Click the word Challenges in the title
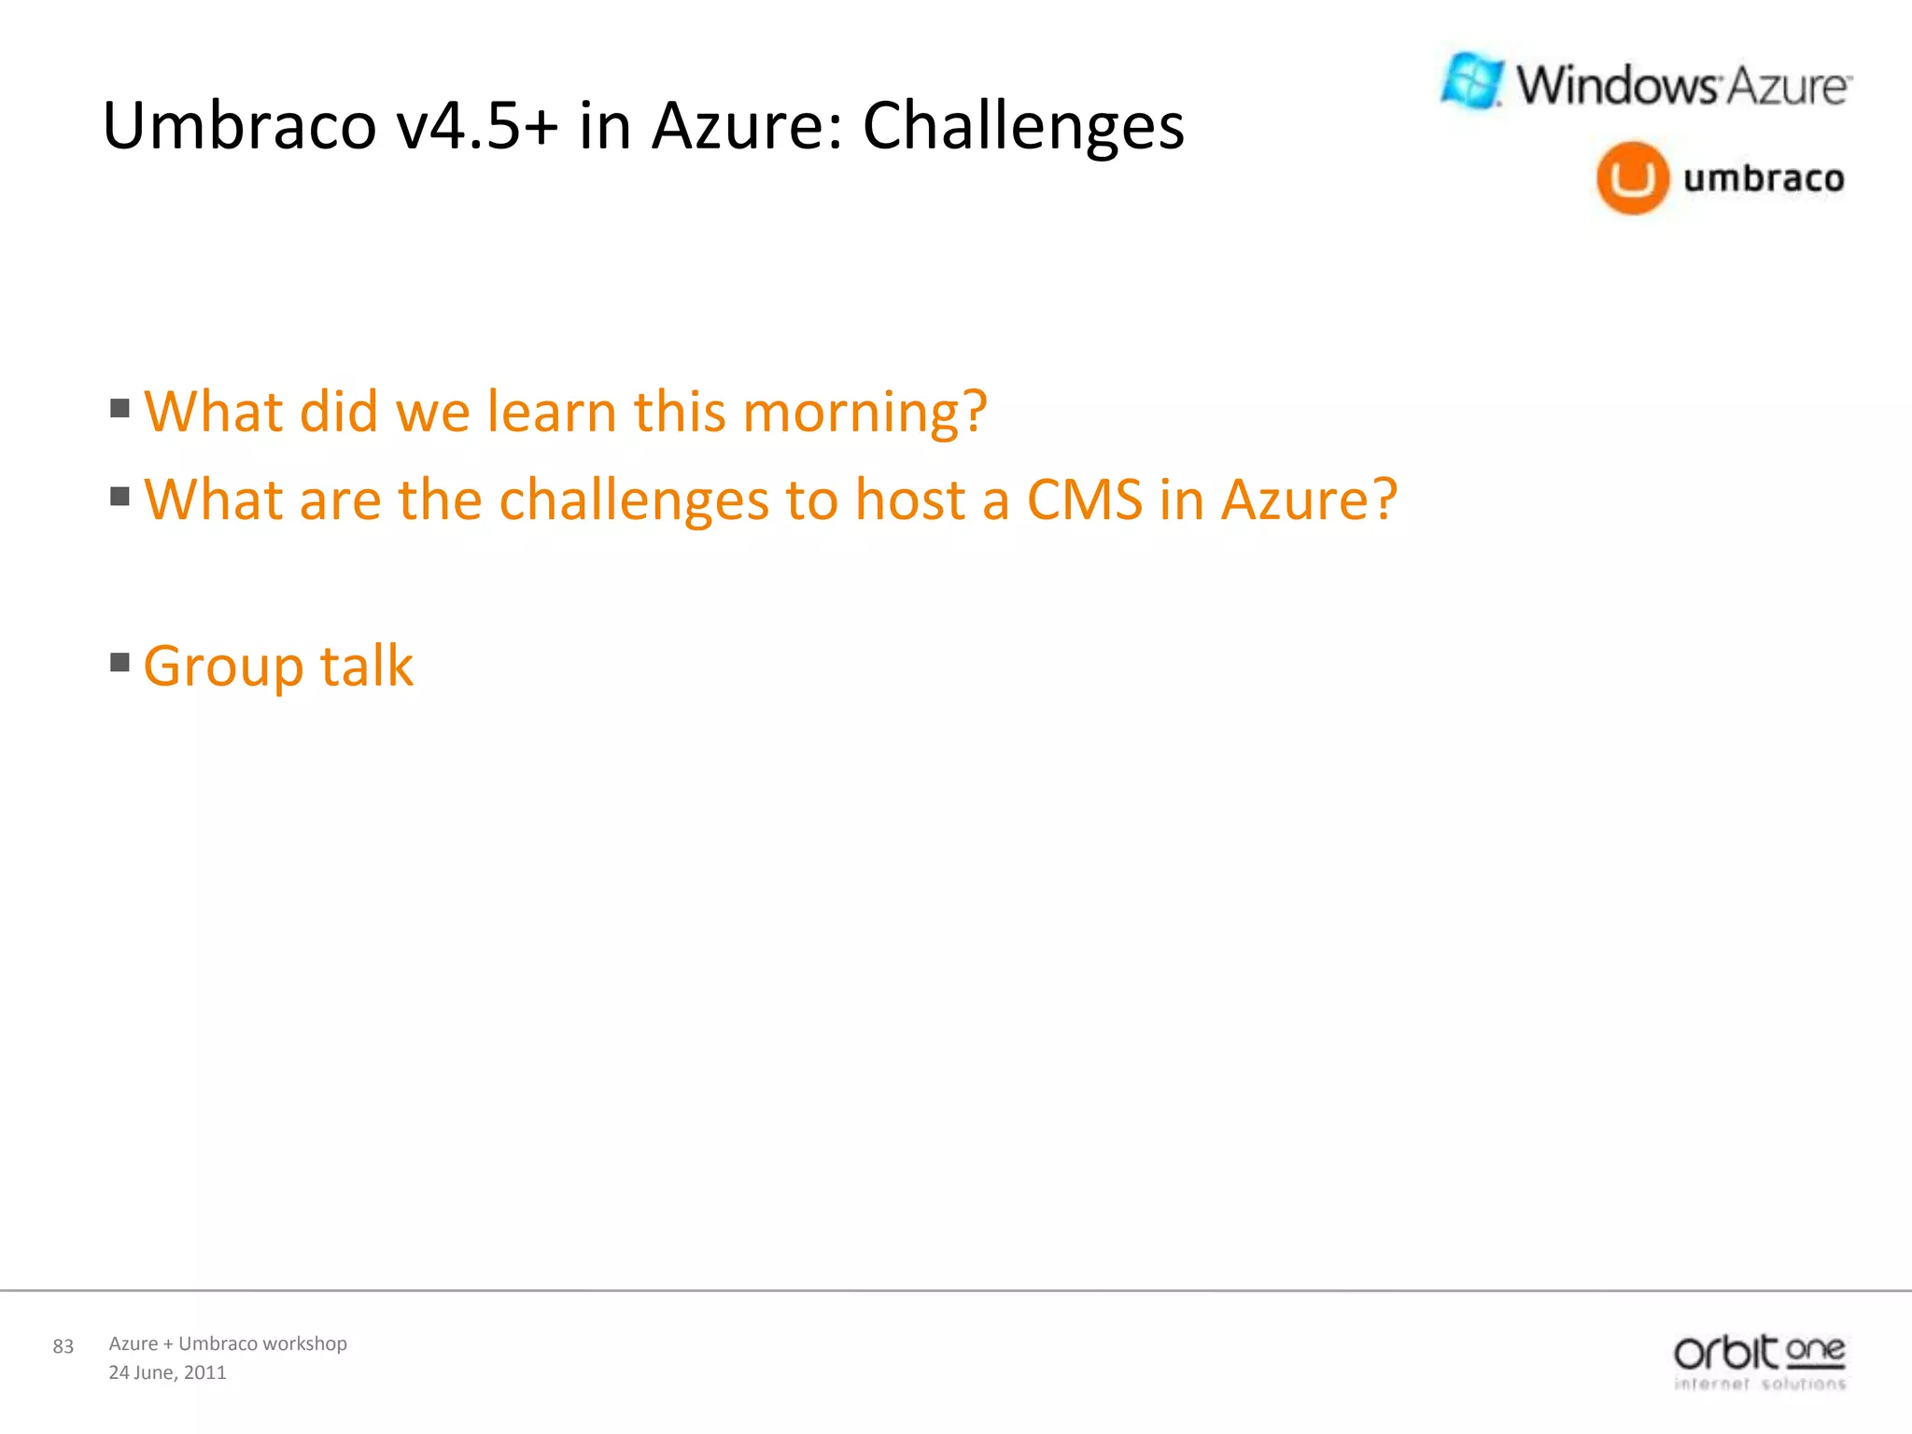click(x=1022, y=126)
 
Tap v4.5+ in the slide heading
click(x=477, y=126)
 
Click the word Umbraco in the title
click(x=239, y=126)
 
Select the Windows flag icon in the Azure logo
click(x=1472, y=81)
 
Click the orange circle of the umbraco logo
click(x=1632, y=178)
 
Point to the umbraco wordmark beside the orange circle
click(x=1764, y=178)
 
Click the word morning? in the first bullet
click(x=865, y=412)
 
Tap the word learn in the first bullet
click(x=551, y=412)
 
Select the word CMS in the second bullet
click(x=1084, y=499)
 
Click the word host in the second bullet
click(x=909, y=499)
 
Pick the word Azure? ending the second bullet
click(x=1309, y=499)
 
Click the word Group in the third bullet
click(x=223, y=667)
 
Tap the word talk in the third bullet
click(x=366, y=667)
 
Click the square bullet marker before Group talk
click(x=119, y=662)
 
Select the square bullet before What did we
click(x=119, y=408)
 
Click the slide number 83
click(x=63, y=1346)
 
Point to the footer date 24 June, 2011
click(x=167, y=1372)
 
